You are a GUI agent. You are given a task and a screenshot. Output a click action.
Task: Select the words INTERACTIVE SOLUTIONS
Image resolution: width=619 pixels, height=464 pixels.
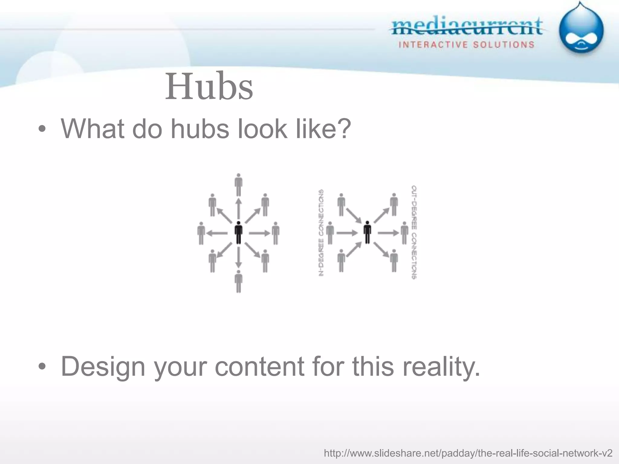(467, 45)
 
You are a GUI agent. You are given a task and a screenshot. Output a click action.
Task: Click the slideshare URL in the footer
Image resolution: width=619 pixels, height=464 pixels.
(468, 453)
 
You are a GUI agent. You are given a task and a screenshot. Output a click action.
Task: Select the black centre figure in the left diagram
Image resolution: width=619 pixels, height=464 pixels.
(238, 232)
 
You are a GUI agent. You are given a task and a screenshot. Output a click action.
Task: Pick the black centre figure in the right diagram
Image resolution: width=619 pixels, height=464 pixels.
(367, 232)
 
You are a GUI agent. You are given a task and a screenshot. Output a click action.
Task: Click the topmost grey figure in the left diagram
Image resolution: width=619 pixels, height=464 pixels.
(238, 185)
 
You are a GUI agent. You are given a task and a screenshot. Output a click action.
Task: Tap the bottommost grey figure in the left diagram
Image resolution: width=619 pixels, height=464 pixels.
(238, 281)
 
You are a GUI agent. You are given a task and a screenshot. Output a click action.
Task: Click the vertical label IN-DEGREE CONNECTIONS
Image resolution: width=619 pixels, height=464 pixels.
(321, 232)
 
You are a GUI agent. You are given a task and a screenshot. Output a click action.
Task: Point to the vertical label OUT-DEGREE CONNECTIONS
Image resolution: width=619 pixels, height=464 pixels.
(414, 232)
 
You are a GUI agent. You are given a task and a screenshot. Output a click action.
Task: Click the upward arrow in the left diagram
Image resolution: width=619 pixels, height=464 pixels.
(238, 208)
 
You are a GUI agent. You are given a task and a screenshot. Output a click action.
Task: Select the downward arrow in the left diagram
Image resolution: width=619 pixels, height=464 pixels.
(238, 257)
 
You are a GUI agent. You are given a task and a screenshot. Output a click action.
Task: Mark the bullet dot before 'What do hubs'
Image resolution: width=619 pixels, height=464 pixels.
(42, 129)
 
